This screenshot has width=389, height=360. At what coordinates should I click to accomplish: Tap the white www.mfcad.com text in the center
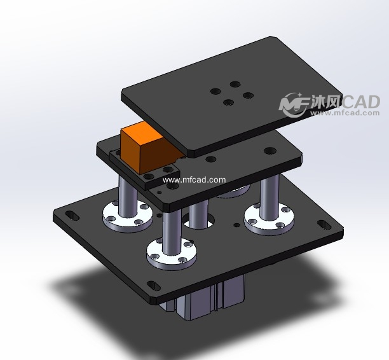click(x=194, y=180)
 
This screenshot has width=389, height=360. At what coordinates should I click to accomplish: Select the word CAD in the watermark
click(x=360, y=102)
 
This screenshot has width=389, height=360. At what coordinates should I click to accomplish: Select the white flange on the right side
click(x=269, y=219)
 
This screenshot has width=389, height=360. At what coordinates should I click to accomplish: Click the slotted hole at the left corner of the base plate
click(x=72, y=215)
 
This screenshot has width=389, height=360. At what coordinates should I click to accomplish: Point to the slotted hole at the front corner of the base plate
click(x=154, y=286)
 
